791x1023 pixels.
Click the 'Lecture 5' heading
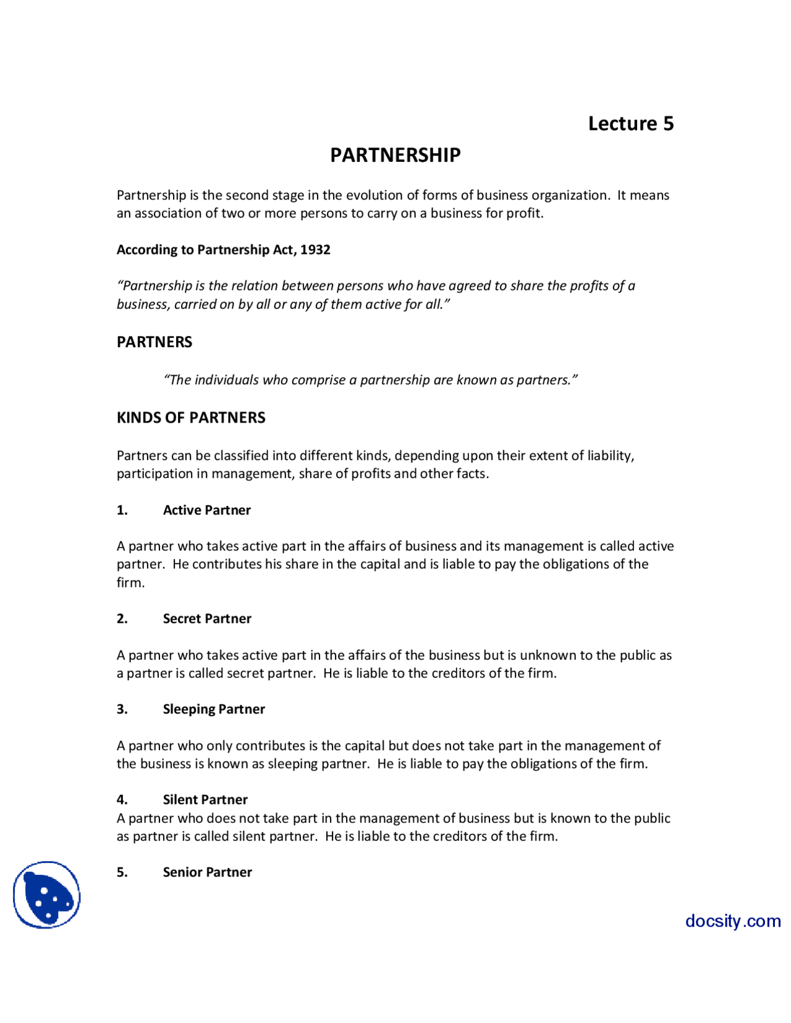pyautogui.click(x=630, y=124)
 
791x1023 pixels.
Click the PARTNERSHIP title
pyautogui.click(x=395, y=155)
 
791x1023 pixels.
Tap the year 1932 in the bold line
pyautogui.click(x=315, y=250)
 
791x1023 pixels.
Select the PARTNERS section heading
pyautogui.click(x=154, y=342)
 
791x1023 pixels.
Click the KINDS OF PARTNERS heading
pyautogui.click(x=191, y=418)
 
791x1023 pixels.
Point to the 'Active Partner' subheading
pyautogui.click(x=206, y=510)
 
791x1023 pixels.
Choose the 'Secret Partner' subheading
pyautogui.click(x=206, y=619)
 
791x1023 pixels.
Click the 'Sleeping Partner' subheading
pyautogui.click(x=213, y=709)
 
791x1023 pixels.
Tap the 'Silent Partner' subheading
pyautogui.click(x=205, y=800)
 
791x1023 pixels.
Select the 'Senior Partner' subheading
pyautogui.click(x=207, y=872)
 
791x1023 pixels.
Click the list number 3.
pyautogui.click(x=122, y=709)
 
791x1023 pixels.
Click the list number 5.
pyautogui.click(x=122, y=872)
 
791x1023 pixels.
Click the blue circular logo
pyautogui.click(x=47, y=895)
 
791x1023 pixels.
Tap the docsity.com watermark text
pyautogui.click(x=732, y=921)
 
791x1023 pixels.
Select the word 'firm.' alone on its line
pyautogui.click(x=130, y=583)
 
